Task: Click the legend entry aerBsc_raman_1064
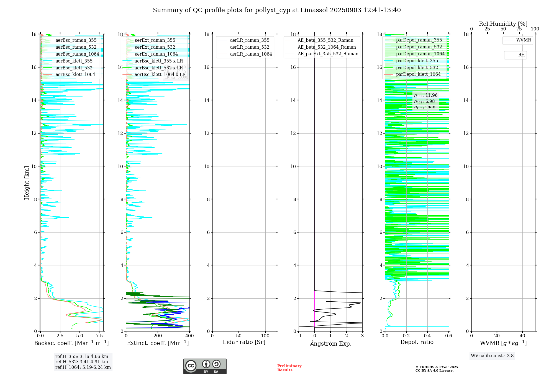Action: coord(77,54)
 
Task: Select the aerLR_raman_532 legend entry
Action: coord(250,47)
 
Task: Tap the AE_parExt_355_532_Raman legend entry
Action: coord(328,54)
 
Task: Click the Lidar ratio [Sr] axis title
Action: coord(244,342)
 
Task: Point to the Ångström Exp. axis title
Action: coord(331,344)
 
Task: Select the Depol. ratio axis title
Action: coord(417,342)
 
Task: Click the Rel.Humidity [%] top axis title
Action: coord(503,24)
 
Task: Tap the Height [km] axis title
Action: coord(27,183)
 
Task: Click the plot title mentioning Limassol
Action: coord(277,10)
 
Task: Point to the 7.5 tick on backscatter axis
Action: coord(99,336)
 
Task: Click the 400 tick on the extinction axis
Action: coord(189,336)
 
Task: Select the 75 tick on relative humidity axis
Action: coord(519,29)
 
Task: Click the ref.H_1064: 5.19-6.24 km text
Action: coord(83,367)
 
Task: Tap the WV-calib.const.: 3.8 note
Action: coord(492,356)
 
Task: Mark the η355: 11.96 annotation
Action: coord(426,95)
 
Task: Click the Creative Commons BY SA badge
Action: coord(205,366)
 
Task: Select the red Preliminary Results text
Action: coord(289,368)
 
